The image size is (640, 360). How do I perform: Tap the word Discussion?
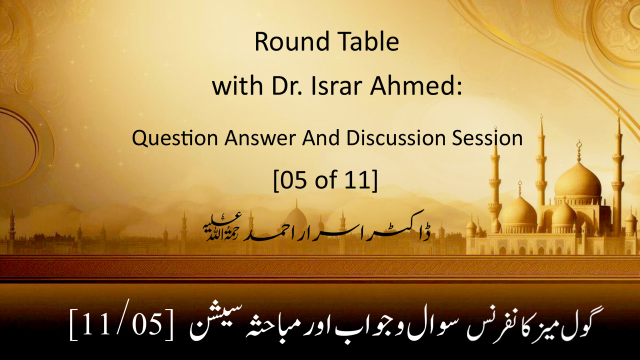[x=396, y=138]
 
